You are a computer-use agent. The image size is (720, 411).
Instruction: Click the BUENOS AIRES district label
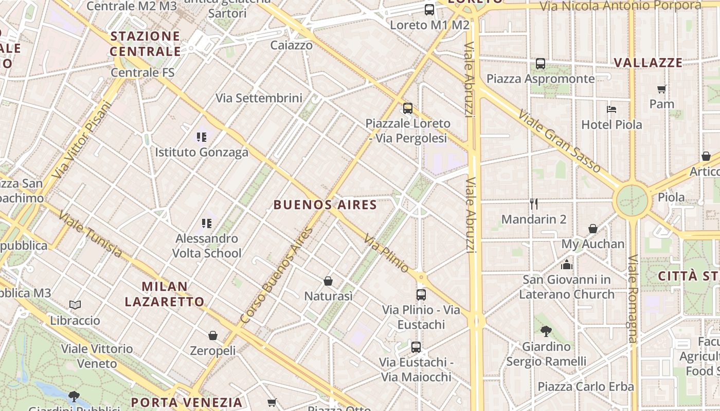325,205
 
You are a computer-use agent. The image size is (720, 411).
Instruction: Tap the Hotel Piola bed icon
611,109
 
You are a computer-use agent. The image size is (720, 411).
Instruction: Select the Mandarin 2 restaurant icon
534,204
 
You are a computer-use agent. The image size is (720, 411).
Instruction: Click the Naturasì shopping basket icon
328,281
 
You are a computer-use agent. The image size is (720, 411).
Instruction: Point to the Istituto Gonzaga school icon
202,137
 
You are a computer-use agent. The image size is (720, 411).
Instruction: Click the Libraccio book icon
75,305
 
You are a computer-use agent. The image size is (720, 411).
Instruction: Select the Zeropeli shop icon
213,335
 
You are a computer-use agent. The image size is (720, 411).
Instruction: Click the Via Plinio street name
386,253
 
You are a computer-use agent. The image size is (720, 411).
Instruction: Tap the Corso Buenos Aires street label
277,276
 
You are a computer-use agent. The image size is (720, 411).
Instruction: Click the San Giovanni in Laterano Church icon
567,265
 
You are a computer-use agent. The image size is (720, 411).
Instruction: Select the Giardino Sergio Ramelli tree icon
546,331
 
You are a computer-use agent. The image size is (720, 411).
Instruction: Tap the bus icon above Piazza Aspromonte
541,64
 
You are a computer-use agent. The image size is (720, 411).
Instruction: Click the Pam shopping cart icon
662,89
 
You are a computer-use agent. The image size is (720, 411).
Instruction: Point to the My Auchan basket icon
593,229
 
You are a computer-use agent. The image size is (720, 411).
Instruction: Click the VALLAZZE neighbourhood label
648,63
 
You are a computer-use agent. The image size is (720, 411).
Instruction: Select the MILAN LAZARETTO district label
165,294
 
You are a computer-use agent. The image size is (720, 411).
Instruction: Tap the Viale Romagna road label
633,298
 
